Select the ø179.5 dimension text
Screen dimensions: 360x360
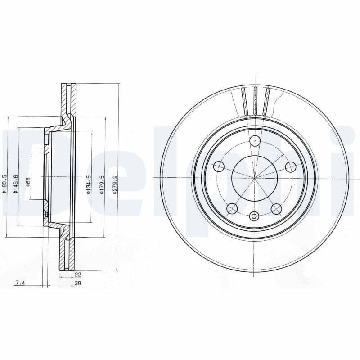click(102, 184)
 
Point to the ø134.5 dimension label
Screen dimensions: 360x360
click(89, 184)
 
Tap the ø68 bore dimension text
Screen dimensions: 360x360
click(28, 182)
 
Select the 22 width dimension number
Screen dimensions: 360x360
click(77, 274)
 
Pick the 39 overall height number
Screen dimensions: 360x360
click(77, 283)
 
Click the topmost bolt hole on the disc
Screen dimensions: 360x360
click(255, 141)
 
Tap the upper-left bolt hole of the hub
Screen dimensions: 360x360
click(219, 167)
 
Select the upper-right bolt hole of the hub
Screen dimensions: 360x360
click(291, 167)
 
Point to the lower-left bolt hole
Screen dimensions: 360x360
click(232, 208)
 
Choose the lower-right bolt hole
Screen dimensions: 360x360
click(277, 208)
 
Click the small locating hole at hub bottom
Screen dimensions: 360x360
click(255, 216)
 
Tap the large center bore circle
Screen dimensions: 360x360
click(255, 178)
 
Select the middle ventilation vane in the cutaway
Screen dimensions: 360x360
click(255, 100)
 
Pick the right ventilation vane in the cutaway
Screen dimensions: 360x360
click(266, 101)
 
